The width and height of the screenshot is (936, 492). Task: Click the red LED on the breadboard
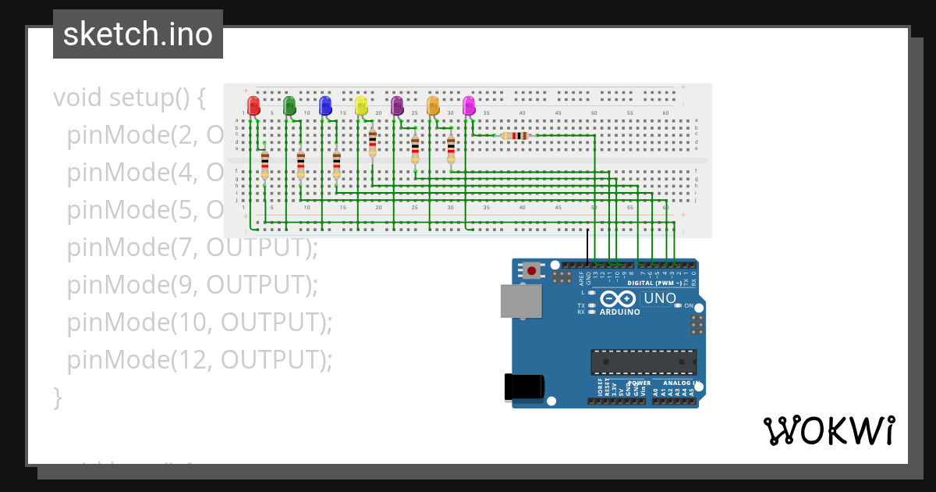[x=253, y=105]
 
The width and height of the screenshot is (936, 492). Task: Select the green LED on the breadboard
[x=289, y=105]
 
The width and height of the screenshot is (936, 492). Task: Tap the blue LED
[x=325, y=105]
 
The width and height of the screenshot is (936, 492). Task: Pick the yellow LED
[x=361, y=105]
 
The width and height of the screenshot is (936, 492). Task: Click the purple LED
[x=397, y=105]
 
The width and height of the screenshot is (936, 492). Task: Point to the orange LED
[x=433, y=105]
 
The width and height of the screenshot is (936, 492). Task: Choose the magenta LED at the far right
[x=469, y=105]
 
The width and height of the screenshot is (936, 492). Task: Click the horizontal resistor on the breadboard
[x=516, y=136]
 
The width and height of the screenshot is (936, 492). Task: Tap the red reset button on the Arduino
[x=532, y=271]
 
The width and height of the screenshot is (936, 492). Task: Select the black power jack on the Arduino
[x=523, y=387]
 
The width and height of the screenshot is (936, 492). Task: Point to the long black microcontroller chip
[x=643, y=362]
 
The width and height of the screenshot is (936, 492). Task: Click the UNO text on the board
[x=659, y=299]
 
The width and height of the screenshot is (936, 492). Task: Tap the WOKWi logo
[x=828, y=430]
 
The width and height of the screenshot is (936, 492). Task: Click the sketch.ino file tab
[x=138, y=34]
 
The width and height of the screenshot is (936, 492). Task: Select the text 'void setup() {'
[x=129, y=98]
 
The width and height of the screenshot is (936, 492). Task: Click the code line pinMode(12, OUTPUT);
[x=199, y=359]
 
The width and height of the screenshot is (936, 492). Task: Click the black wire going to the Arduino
[x=588, y=247]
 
